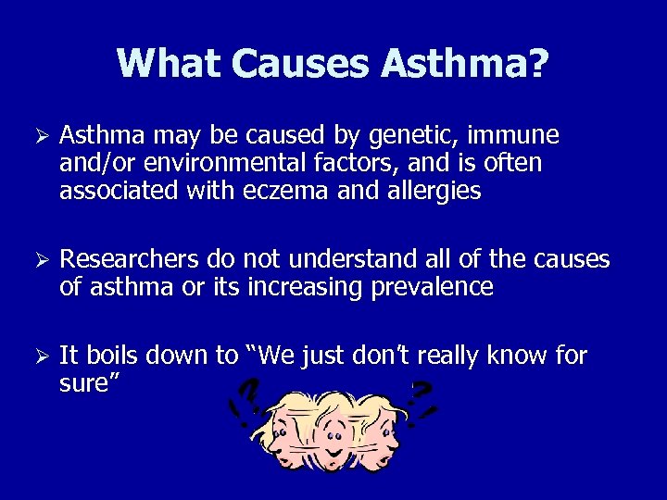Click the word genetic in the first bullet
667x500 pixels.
[x=403, y=137]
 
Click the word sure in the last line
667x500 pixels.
[x=82, y=382]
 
